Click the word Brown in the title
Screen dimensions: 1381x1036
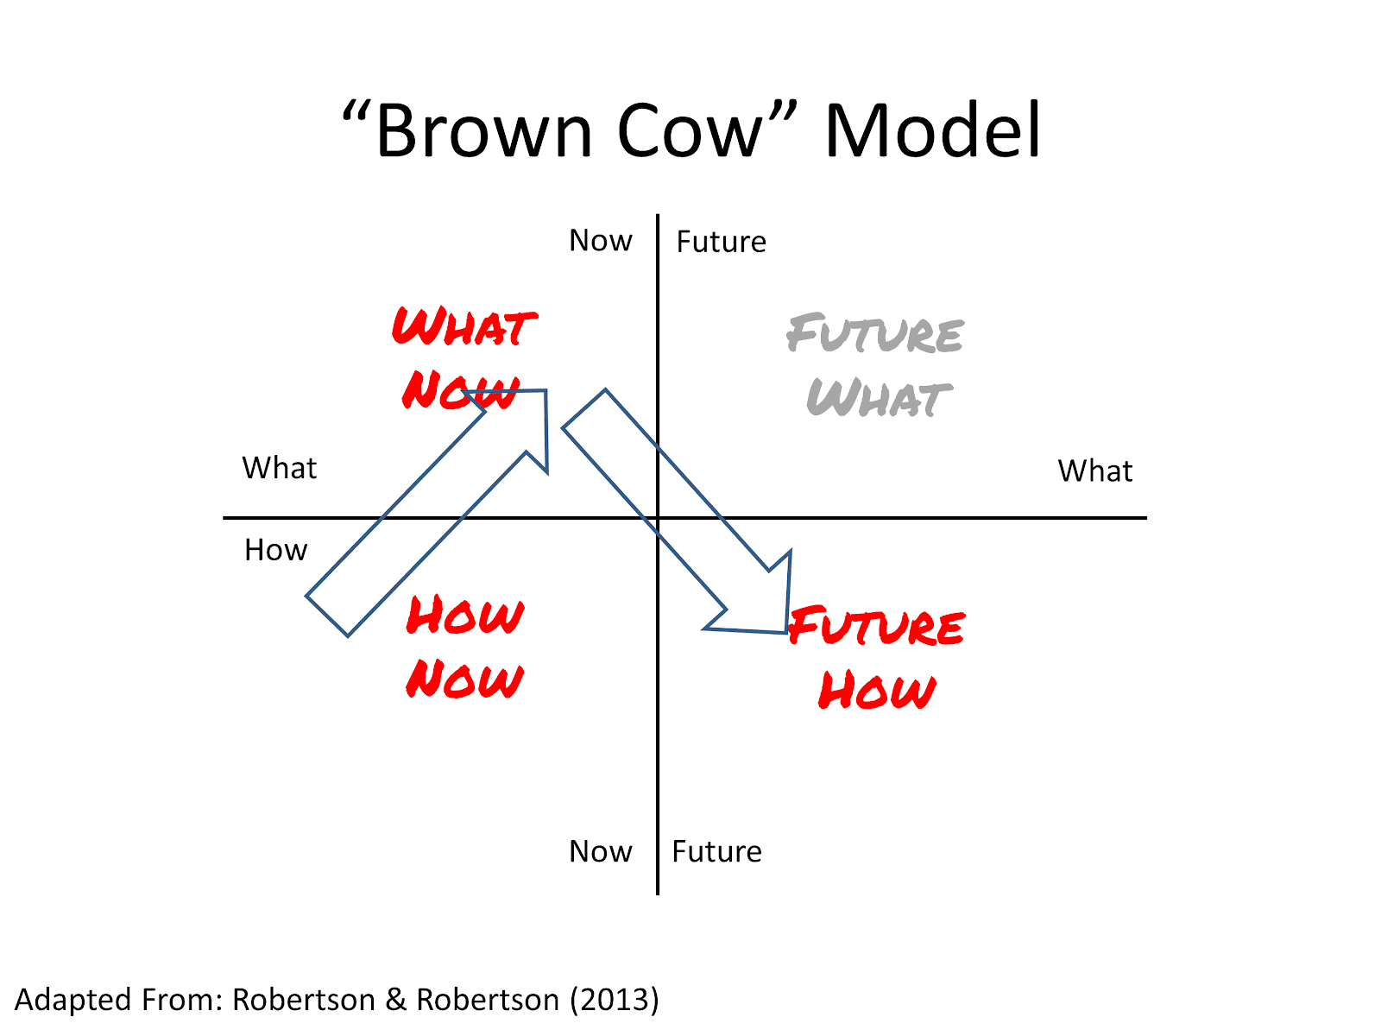tap(484, 131)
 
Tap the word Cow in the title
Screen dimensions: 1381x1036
tap(690, 130)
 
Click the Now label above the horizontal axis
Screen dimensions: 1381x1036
tap(600, 240)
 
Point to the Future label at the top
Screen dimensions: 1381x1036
tap(721, 242)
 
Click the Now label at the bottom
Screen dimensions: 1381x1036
tap(600, 851)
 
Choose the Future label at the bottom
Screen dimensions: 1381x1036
tap(716, 851)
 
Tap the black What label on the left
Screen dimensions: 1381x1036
tap(280, 468)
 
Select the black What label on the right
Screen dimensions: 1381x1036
tap(1094, 471)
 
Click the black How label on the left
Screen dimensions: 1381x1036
tap(275, 550)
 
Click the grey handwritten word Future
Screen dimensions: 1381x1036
tap(874, 332)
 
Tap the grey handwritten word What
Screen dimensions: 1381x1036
tap(880, 397)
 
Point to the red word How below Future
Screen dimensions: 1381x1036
tap(877, 690)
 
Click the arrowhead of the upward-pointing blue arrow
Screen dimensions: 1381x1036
tap(545, 391)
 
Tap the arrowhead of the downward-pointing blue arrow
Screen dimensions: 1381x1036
tap(785, 631)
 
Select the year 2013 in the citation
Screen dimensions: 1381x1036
tap(614, 1000)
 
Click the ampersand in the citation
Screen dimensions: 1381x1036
tap(395, 1000)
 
